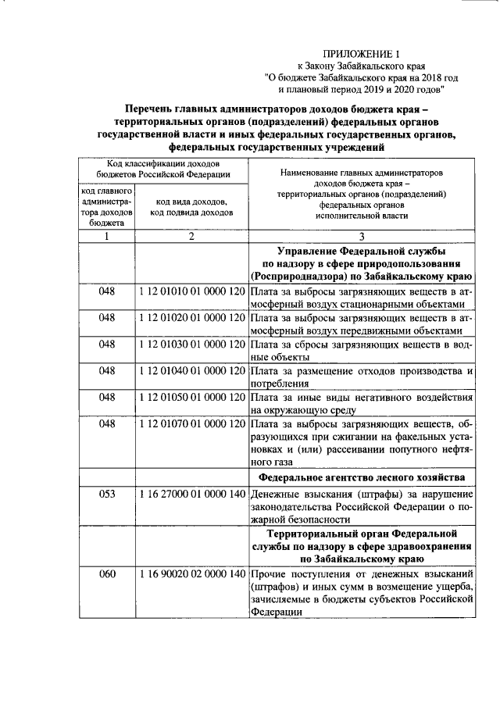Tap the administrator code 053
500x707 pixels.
pos(107,495)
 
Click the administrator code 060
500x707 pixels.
pos(107,574)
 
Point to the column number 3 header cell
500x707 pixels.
pos(361,237)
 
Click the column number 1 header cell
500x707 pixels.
pos(107,237)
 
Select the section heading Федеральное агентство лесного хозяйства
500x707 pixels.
pos(361,477)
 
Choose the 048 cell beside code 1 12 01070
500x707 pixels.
pos(107,423)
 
